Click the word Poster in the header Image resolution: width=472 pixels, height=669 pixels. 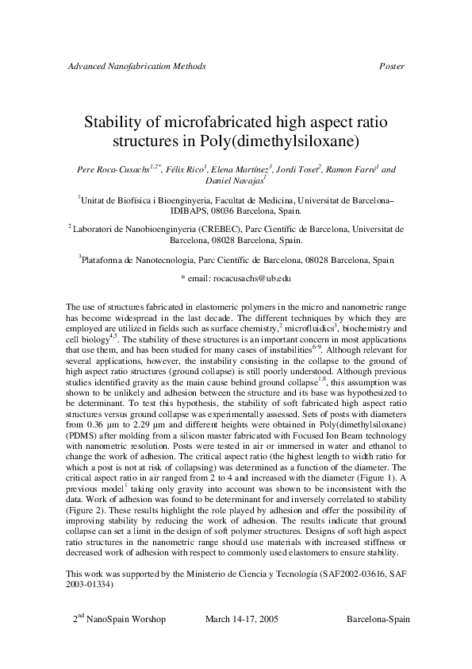click(392, 66)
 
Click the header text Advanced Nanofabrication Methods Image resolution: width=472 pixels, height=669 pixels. click(136, 66)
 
